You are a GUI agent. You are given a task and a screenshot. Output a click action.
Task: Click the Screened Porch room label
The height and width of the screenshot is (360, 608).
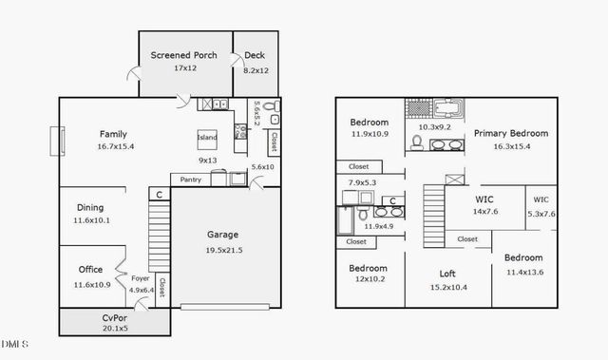[184, 55]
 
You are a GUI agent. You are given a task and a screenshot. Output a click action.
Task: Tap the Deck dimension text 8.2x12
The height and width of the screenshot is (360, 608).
[256, 69]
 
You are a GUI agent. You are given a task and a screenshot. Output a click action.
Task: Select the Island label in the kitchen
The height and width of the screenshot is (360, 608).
[207, 138]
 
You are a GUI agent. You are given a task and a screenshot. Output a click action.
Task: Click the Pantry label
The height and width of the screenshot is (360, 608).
[191, 179]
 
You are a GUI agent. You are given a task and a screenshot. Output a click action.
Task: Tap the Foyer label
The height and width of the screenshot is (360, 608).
[141, 278]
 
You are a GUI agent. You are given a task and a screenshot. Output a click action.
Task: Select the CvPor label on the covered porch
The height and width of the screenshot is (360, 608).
[116, 317]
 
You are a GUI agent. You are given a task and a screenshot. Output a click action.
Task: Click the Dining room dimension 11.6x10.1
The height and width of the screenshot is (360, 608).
[92, 220]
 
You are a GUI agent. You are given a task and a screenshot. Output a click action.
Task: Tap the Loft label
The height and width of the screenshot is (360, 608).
[448, 273]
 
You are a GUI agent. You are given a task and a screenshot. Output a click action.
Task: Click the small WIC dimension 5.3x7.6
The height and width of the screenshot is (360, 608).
[541, 214]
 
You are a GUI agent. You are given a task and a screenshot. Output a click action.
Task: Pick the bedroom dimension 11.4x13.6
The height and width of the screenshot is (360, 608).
[523, 272]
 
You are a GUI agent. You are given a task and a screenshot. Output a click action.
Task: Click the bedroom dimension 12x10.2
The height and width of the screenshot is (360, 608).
[369, 280]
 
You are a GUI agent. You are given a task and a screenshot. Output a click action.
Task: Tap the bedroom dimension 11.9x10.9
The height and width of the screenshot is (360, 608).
[369, 134]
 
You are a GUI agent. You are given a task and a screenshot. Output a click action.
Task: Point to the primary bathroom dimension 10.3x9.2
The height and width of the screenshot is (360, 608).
[438, 126]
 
